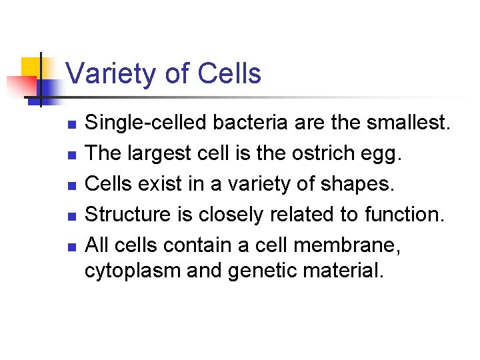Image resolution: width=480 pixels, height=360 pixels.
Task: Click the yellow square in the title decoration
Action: point(31,68)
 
